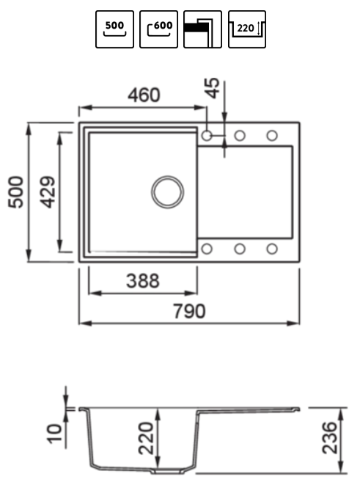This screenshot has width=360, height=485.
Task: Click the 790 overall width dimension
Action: tap(189, 311)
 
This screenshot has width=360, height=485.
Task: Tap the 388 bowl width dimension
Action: tap(143, 281)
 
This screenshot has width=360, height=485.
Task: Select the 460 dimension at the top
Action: tap(144, 95)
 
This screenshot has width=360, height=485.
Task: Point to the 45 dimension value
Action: tap(213, 88)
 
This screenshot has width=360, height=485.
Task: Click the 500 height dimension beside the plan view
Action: tap(15, 192)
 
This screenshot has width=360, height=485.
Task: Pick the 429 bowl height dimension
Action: tap(48, 192)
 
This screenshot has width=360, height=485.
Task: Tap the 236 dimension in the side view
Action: tap(329, 438)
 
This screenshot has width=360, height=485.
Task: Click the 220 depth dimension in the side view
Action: tap(146, 438)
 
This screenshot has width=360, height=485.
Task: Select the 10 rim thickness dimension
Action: tap(54, 434)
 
